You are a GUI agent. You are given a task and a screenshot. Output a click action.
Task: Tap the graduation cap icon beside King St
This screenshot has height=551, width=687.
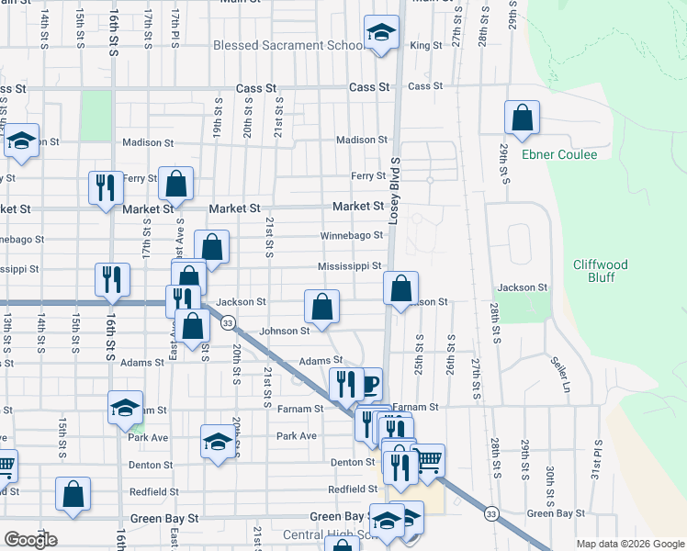click(x=381, y=34)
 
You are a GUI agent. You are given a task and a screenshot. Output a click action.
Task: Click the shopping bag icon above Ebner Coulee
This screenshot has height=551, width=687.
click(x=522, y=118)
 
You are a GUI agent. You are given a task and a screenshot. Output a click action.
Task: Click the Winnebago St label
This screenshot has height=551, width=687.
click(x=351, y=236)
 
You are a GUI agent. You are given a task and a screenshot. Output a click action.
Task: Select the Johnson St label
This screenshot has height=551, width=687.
click(x=284, y=331)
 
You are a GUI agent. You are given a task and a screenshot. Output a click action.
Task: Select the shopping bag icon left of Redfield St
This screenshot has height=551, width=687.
click(x=73, y=494)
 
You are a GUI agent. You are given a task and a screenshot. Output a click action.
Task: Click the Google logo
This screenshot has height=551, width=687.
click(x=30, y=540)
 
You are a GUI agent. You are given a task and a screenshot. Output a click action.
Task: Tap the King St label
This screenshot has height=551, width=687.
click(x=426, y=46)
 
